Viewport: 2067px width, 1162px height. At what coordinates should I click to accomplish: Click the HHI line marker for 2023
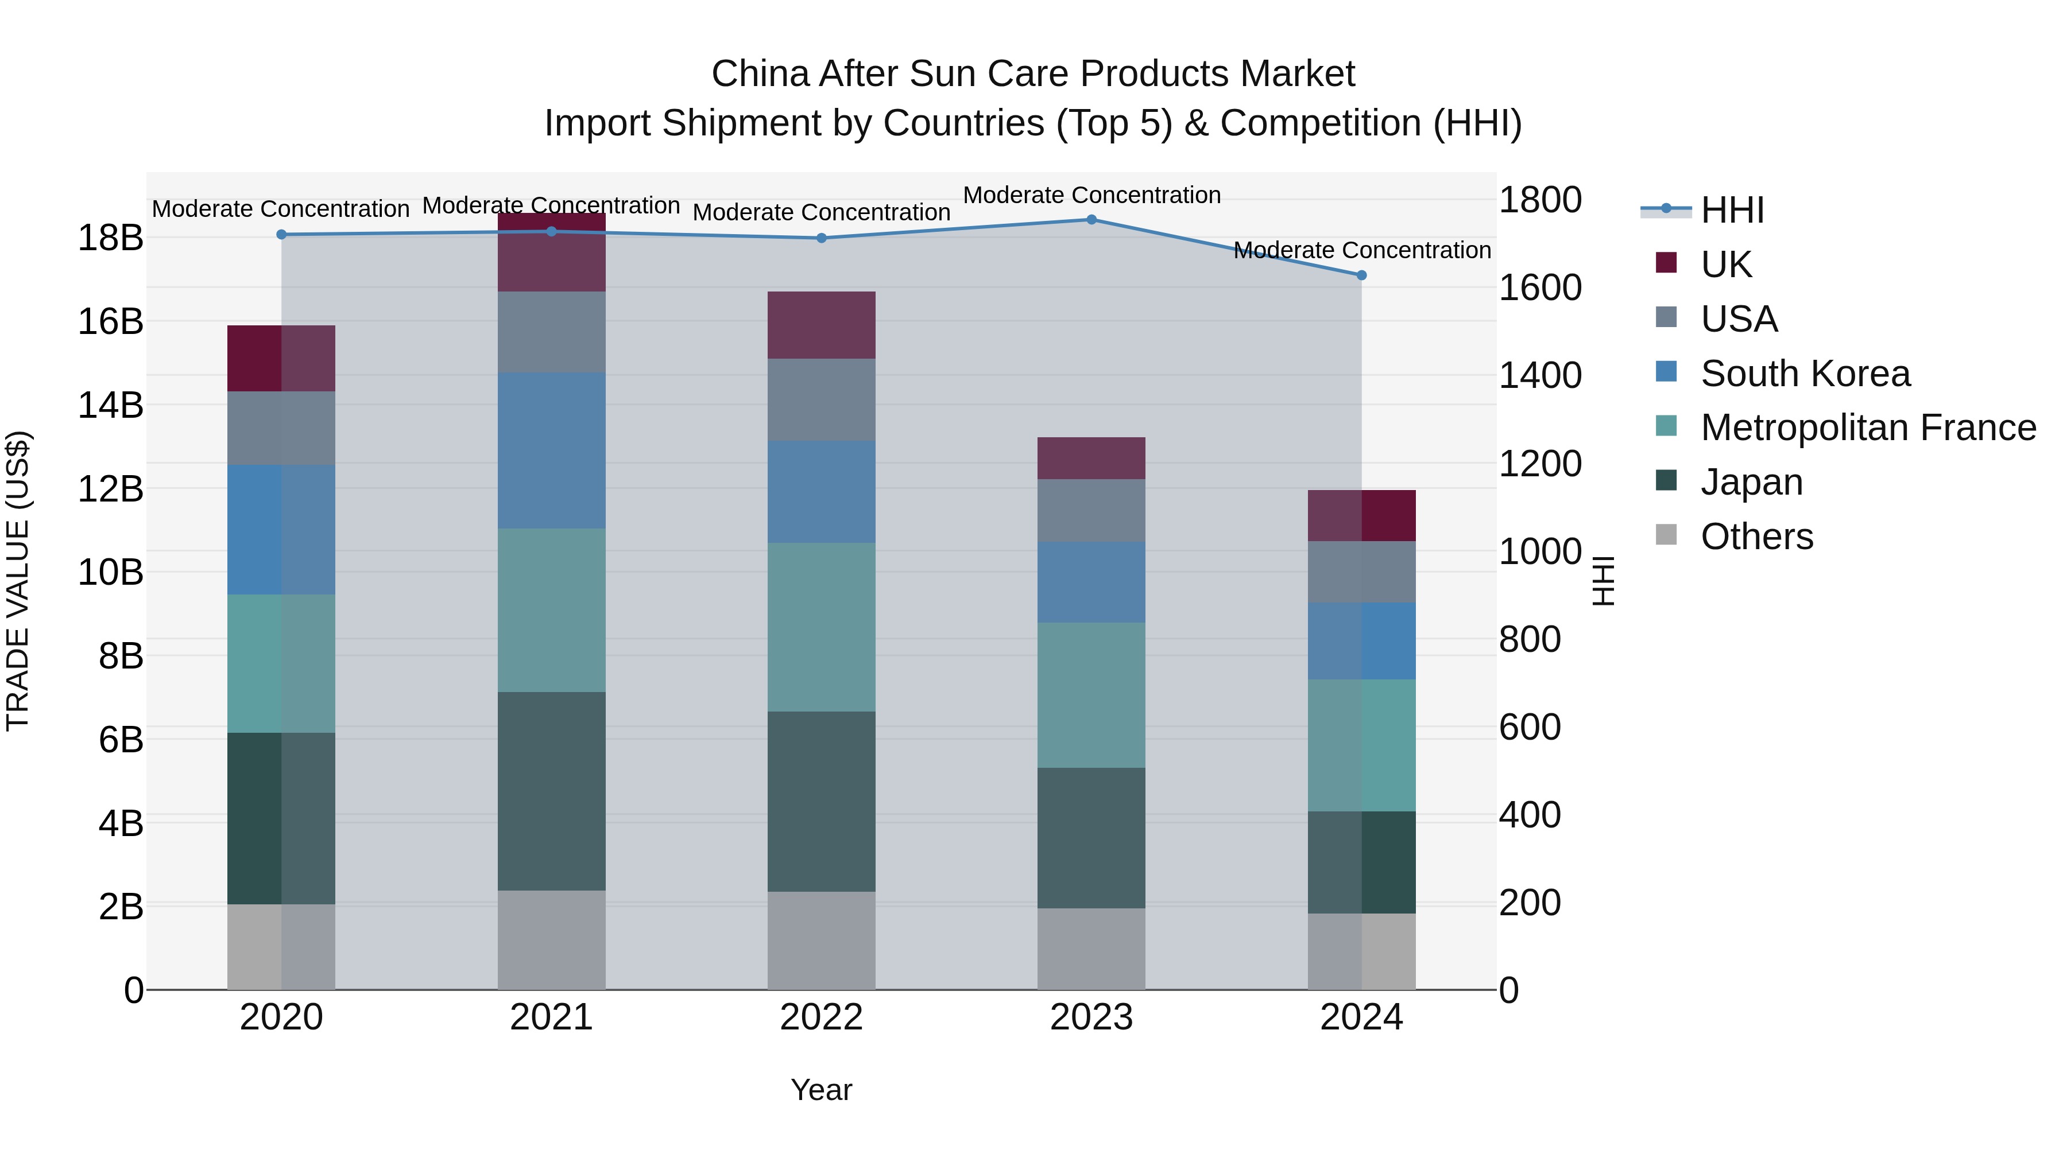(x=1091, y=220)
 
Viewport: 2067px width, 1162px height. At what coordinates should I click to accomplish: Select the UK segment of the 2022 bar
(x=821, y=325)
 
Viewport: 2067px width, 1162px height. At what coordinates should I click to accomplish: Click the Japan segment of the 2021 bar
(x=551, y=791)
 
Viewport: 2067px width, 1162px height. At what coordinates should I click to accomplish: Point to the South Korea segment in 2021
(x=551, y=450)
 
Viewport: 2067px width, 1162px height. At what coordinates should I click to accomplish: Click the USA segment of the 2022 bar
(x=821, y=399)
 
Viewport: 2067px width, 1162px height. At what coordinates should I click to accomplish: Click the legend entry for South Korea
(x=1805, y=374)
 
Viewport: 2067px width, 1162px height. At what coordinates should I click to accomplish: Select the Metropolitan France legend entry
(x=1868, y=428)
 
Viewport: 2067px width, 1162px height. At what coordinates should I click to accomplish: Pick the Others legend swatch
(x=1667, y=535)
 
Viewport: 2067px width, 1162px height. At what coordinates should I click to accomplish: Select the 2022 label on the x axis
(x=821, y=1017)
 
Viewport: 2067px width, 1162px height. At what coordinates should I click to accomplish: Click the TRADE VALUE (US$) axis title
(x=18, y=581)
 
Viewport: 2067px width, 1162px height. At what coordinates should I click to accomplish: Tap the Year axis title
(x=821, y=1090)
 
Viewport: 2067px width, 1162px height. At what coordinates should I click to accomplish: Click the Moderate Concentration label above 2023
(x=1091, y=195)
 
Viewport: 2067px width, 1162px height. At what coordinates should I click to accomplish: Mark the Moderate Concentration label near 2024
(x=1362, y=250)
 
